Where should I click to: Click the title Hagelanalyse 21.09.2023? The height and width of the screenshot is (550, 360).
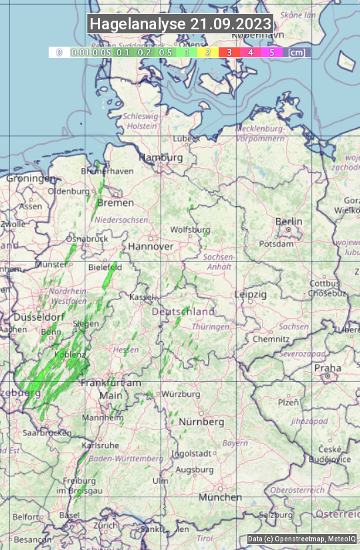tap(180, 24)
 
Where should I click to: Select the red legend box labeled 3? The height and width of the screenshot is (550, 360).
tap(229, 52)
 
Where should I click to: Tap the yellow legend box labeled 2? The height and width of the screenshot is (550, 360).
tap(208, 52)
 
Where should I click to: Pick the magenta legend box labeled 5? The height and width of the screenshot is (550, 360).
tap(271, 52)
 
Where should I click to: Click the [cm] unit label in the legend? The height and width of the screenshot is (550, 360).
tap(297, 52)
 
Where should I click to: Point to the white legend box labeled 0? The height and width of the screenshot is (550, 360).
tap(59, 52)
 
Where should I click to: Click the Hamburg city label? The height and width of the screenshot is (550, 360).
tap(160, 157)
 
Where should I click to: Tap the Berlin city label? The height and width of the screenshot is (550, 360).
tap(289, 221)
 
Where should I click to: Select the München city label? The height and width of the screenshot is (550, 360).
tap(220, 497)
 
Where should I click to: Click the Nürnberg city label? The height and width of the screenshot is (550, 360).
tap(201, 422)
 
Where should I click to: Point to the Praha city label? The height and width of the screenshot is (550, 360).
tap(327, 368)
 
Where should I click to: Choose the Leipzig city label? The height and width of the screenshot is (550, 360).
tap(251, 294)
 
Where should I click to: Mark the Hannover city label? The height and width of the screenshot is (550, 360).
tap(151, 246)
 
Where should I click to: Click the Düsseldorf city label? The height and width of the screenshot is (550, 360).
tap(39, 317)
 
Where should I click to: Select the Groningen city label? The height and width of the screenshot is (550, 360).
tap(31, 179)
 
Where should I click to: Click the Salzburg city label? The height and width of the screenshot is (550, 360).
tap(276, 515)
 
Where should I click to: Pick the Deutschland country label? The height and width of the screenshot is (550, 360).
tap(183, 312)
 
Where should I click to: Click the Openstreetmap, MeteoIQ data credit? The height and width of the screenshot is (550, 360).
tap(302, 539)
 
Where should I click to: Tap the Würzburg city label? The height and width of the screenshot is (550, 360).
tap(181, 394)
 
